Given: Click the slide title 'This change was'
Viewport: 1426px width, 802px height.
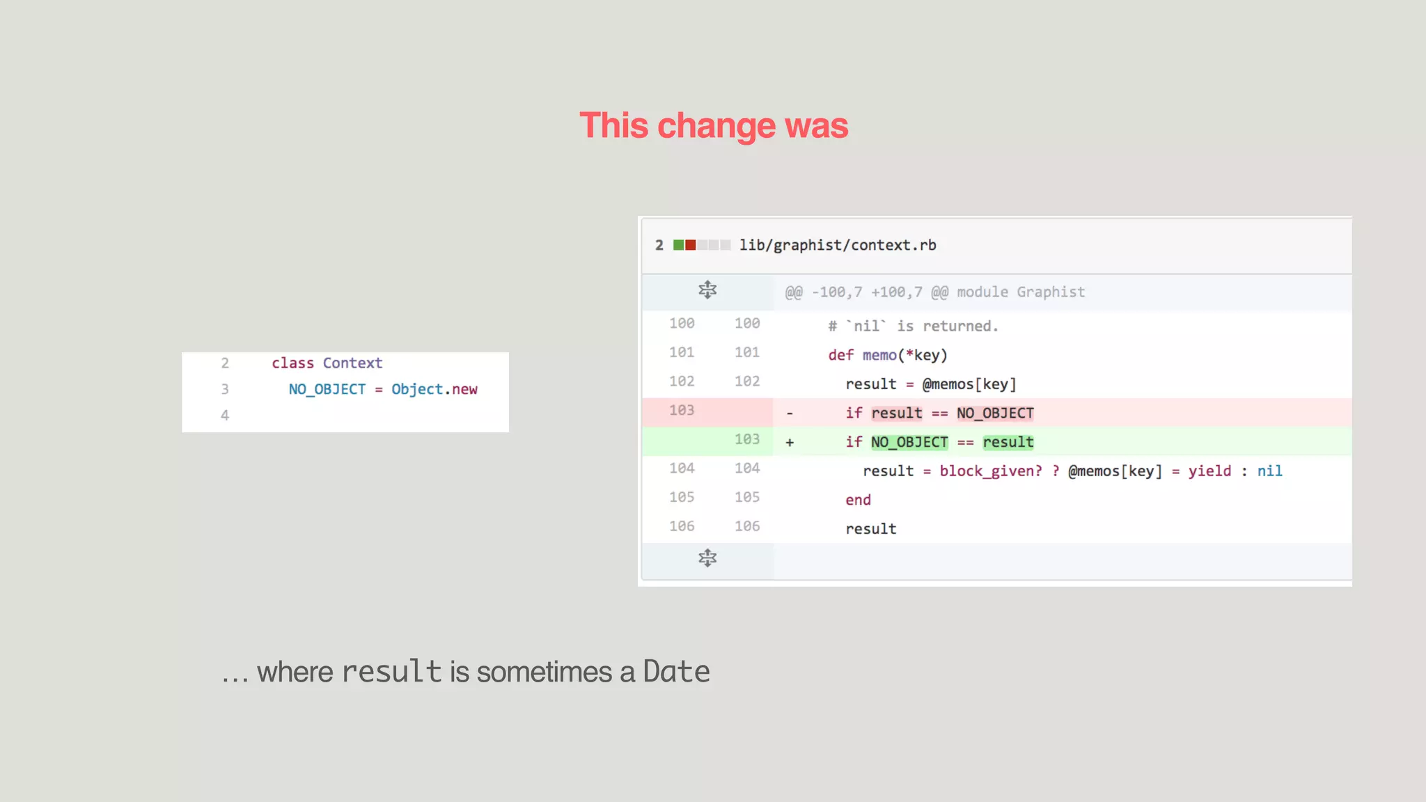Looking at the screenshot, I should pos(714,126).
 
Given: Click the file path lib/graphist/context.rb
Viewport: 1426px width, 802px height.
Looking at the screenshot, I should pos(838,245).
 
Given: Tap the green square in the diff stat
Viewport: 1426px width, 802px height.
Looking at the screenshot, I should pos(678,245).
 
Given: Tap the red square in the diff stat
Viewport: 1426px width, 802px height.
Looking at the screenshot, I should pos(690,245).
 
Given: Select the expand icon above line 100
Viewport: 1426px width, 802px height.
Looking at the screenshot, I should pos(707,290).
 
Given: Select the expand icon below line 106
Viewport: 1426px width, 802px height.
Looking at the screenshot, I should pos(707,558).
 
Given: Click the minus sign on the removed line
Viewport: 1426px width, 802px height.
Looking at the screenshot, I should pos(790,414).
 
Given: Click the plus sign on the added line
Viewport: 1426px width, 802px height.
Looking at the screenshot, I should pos(790,443).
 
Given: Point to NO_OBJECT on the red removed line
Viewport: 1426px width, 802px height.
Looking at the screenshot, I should pos(995,414).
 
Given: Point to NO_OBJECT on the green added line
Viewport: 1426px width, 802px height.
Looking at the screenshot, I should pos(909,443).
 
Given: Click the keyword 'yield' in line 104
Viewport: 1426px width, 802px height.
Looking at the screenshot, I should pos(1209,471).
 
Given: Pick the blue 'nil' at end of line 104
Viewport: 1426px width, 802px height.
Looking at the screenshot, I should pos(1269,471).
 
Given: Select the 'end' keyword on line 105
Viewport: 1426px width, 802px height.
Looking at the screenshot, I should pos(858,500).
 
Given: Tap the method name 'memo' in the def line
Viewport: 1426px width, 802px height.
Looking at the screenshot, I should pos(879,356).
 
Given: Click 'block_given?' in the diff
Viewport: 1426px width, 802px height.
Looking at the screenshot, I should pos(990,471).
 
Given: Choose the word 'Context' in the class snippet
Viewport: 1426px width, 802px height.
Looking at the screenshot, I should pos(352,363).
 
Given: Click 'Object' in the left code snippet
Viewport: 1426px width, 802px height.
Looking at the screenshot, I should pos(416,389).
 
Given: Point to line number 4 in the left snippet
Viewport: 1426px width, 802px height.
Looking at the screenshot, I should pos(225,416).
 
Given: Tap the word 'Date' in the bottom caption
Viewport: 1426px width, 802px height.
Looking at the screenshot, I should pos(676,672).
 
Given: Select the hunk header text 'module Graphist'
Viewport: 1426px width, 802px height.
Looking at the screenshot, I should pos(1021,292).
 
